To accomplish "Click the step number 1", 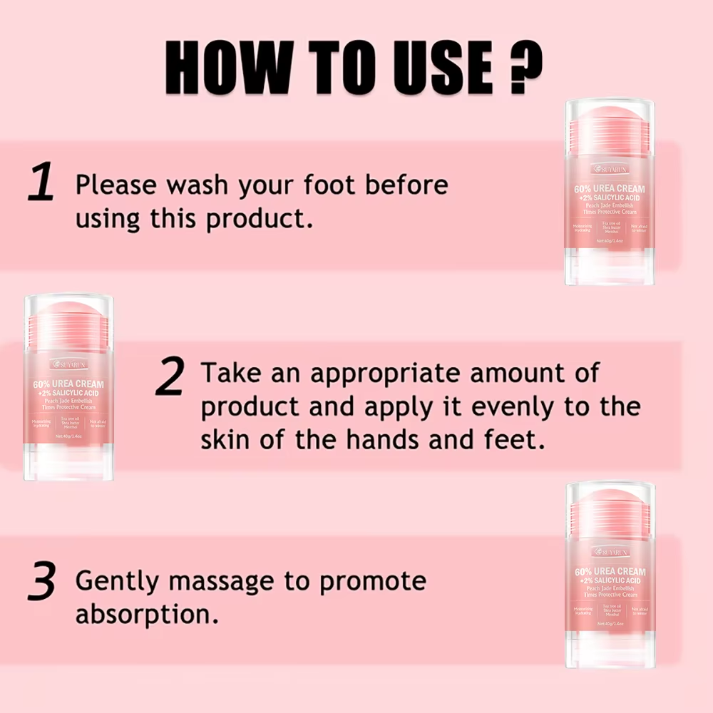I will click(41, 183).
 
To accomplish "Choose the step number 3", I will click(41, 583).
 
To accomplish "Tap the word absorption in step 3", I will click(147, 614).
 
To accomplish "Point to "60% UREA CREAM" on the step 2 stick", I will click(68, 383).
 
